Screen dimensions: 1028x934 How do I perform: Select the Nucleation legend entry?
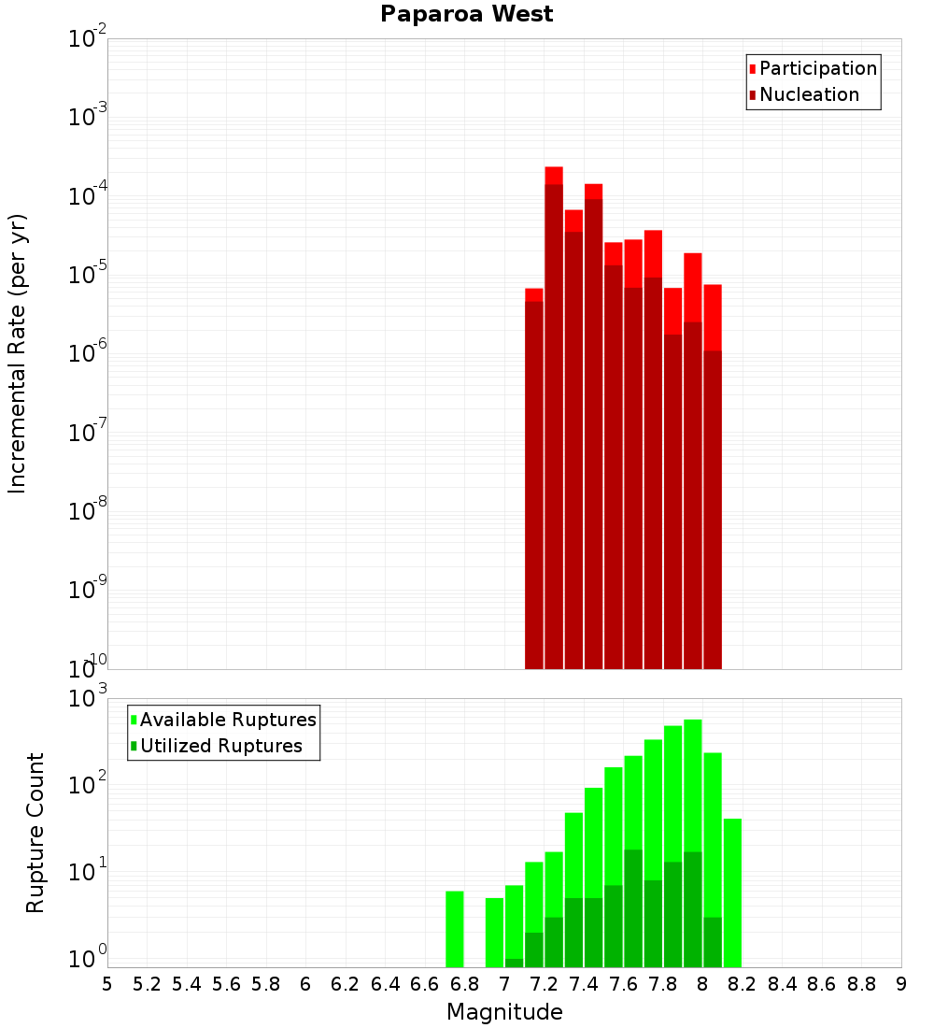809,94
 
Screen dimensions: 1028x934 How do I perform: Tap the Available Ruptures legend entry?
228,720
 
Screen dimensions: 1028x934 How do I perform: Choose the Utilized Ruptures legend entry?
220,746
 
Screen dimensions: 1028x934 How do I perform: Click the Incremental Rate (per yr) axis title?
18,353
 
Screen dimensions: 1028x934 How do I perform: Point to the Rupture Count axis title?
35,833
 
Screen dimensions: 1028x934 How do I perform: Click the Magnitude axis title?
504,1012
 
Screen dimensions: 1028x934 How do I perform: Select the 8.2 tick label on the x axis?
743,984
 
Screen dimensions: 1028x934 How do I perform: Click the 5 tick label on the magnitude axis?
107,984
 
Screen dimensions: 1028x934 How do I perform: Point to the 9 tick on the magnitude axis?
901,984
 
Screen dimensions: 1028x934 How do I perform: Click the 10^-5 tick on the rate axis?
88,275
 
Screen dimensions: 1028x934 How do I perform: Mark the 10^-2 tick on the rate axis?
88,39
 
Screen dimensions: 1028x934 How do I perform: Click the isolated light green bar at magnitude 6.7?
455,929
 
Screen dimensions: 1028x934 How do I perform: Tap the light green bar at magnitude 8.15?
732,892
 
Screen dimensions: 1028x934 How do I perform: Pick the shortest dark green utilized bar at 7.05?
514,963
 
